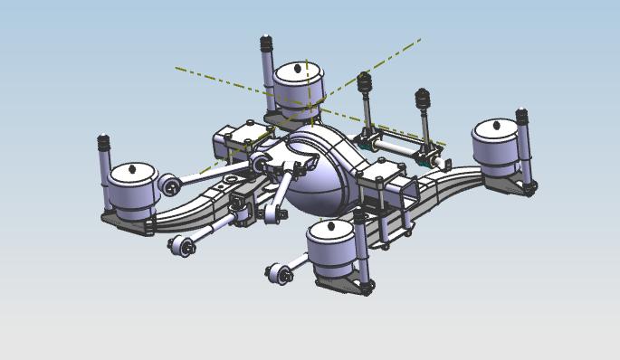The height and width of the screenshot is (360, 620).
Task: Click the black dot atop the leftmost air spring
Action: tap(132, 168)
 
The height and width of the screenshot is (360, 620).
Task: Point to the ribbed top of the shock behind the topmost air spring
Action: tap(266, 43)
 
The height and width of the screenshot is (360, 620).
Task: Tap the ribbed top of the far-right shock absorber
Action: tap(521, 118)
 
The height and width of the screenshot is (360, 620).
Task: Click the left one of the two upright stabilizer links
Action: tap(367, 109)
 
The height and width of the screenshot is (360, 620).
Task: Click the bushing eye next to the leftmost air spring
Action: tap(170, 186)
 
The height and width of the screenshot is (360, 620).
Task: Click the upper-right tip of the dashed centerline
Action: tap(420, 39)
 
